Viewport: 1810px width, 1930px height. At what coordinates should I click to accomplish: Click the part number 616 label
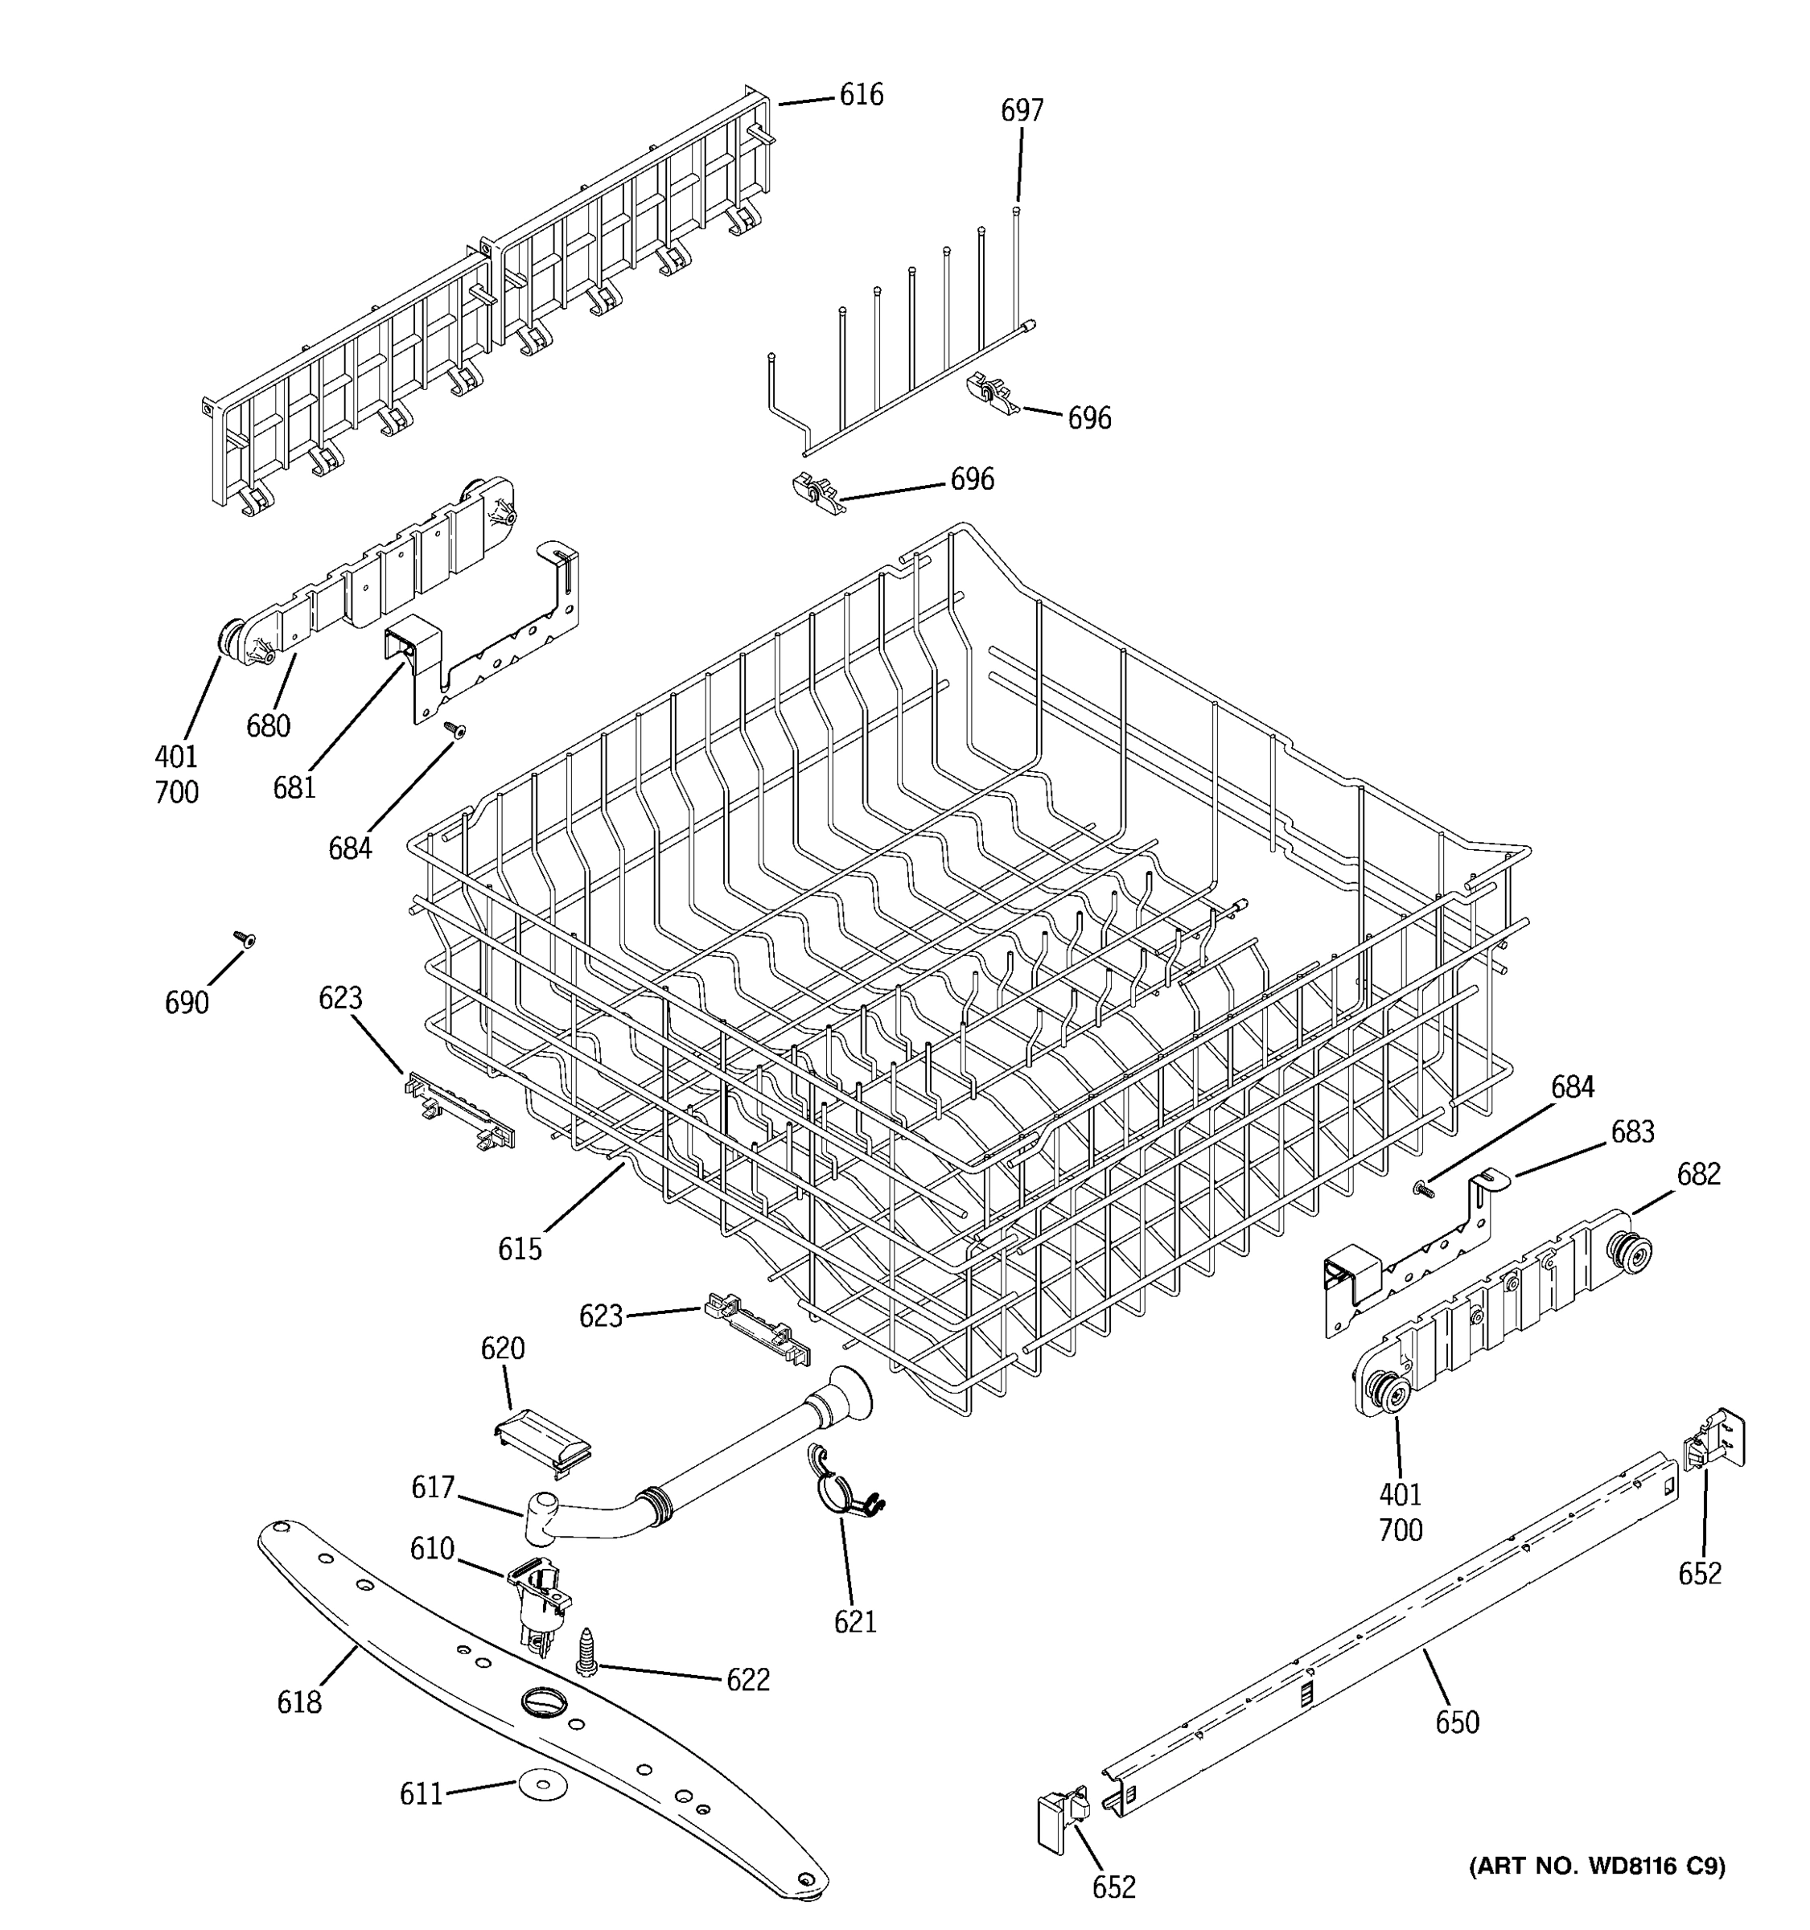(x=862, y=95)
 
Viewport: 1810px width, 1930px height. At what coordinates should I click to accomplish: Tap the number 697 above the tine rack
(x=1022, y=111)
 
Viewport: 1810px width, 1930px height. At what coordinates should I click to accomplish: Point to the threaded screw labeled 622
(x=587, y=1650)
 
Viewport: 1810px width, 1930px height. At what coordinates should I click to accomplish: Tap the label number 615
(x=520, y=1249)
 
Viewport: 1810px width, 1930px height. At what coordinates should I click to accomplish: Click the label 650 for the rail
(x=1457, y=1723)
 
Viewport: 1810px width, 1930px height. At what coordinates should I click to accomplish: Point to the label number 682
(x=1698, y=1175)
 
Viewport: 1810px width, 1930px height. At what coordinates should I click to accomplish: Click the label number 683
(x=1632, y=1132)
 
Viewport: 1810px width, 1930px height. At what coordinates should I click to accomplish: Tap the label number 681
(x=294, y=787)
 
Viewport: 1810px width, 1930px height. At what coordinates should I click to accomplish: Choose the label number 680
(x=268, y=726)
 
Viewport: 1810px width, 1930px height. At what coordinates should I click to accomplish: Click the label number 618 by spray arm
(x=299, y=1702)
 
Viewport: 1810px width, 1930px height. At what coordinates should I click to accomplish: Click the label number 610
(x=432, y=1549)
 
